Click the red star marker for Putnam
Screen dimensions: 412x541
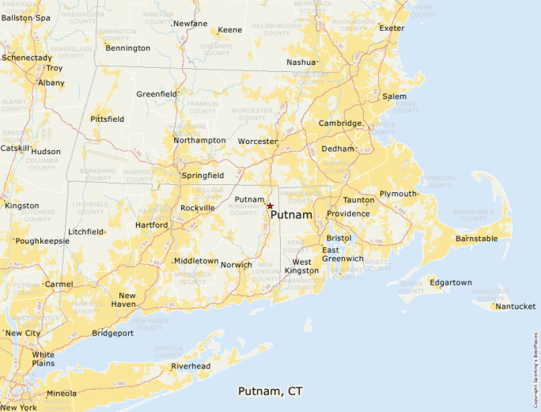[270, 206]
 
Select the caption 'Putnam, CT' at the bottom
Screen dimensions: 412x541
[270, 391]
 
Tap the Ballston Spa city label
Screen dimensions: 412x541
[26, 17]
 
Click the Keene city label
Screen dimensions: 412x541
[230, 30]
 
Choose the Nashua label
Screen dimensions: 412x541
[301, 62]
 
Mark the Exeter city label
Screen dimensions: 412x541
[391, 28]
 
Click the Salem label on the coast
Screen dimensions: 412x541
[394, 96]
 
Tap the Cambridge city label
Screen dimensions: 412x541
[340, 123]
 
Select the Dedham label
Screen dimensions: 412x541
[338, 149]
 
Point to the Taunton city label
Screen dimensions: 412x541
[358, 200]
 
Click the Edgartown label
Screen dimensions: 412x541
[450, 282]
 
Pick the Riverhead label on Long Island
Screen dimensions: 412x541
[191, 366]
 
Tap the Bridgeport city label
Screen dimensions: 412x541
[112, 333]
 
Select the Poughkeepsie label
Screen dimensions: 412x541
[42, 240]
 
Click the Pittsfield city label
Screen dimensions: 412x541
[107, 119]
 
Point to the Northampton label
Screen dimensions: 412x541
[199, 140]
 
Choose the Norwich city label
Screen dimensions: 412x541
[236, 265]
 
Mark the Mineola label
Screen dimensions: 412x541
[62, 393]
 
